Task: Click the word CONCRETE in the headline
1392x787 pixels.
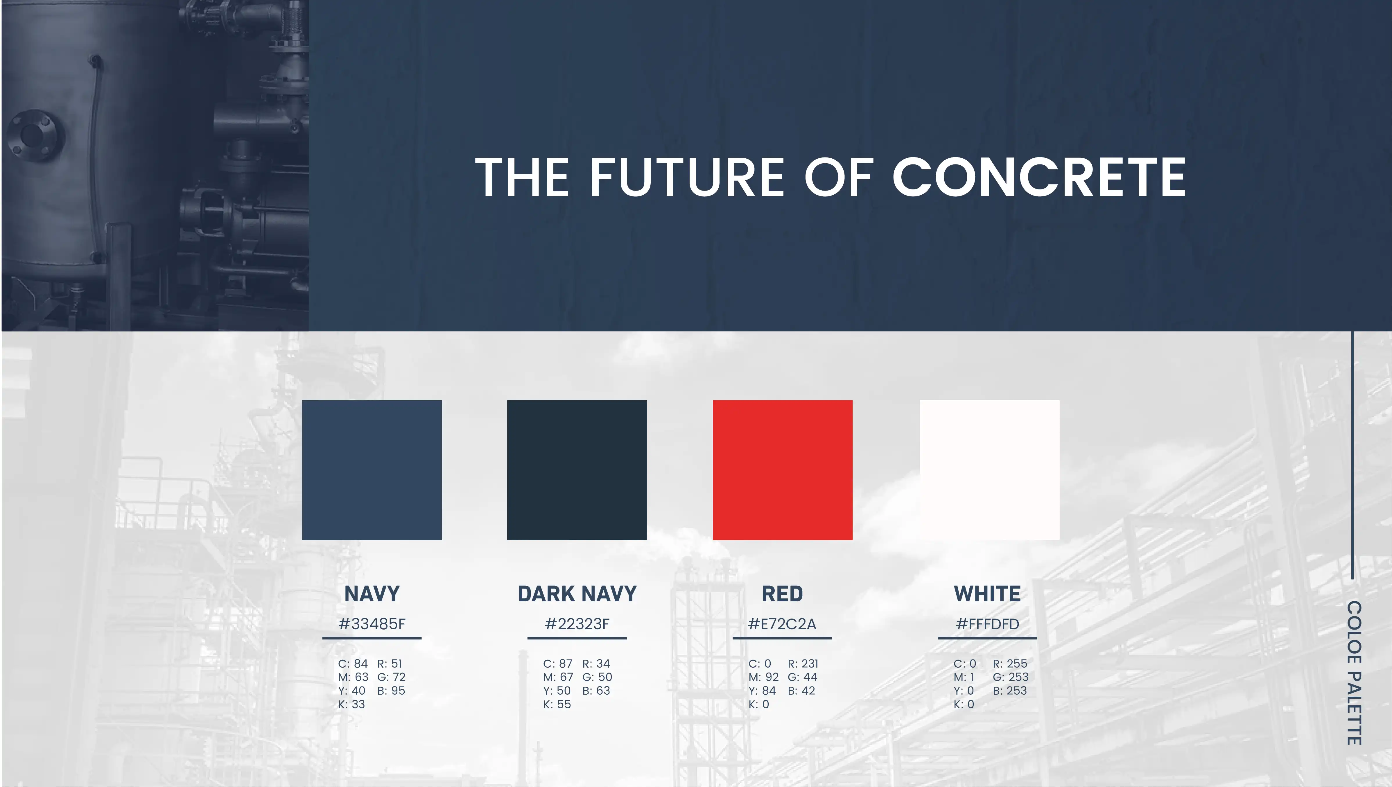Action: click(x=1038, y=177)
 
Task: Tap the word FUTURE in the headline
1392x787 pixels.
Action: click(x=687, y=177)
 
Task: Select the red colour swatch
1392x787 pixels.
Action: click(x=783, y=470)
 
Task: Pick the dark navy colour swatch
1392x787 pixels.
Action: click(x=577, y=470)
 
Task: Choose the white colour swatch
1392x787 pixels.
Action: click(x=989, y=470)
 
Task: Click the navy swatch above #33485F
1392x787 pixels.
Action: click(x=372, y=470)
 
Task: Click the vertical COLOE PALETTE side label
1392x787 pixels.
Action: click(x=1354, y=673)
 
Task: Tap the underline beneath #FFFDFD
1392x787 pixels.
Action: click(x=987, y=638)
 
